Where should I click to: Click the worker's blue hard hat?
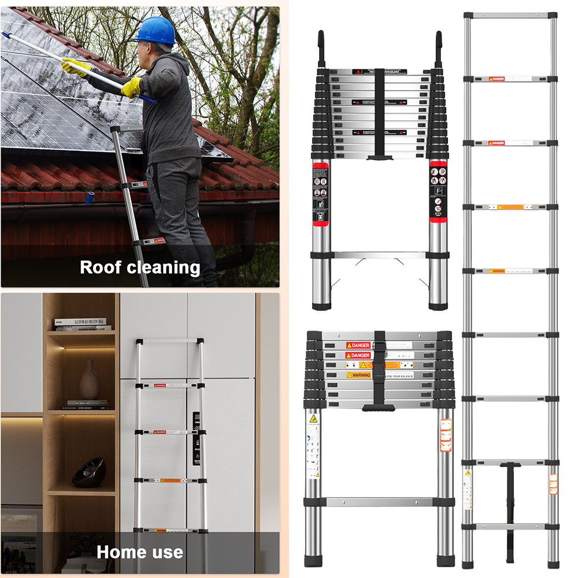click(x=154, y=30)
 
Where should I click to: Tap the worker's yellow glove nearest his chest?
click(x=132, y=87)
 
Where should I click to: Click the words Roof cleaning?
click(x=140, y=268)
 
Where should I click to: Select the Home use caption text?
click(x=140, y=552)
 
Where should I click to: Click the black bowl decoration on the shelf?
click(x=89, y=472)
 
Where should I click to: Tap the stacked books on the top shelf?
click(x=83, y=324)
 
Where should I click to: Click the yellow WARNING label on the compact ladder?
click(x=358, y=375)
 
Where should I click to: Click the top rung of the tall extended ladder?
click(x=510, y=16)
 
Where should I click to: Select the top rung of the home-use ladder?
click(x=170, y=340)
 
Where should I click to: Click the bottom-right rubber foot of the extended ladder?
click(x=553, y=564)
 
